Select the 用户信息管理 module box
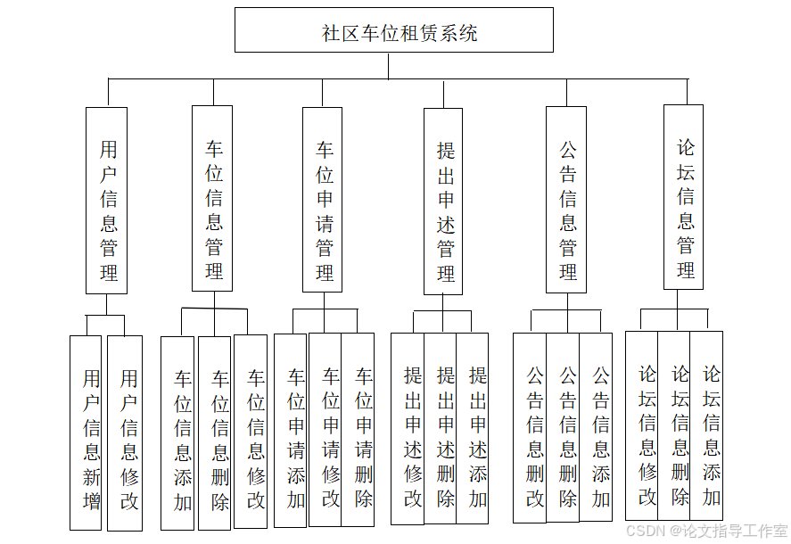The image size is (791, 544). click(x=106, y=200)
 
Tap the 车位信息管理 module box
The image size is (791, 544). click(x=212, y=198)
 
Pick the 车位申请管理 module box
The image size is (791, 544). click(x=323, y=199)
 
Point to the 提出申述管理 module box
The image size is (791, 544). click(x=442, y=201)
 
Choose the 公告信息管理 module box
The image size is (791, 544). click(x=566, y=199)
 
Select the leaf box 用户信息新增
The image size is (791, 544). click(x=87, y=433)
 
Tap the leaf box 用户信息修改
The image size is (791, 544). click(x=125, y=433)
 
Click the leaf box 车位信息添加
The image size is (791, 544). click(x=178, y=433)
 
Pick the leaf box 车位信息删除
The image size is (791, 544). click(x=215, y=433)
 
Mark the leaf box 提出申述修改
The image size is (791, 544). click(x=408, y=428)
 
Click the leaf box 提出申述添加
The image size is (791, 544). click(x=473, y=428)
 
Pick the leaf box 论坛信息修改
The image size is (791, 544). click(x=642, y=425)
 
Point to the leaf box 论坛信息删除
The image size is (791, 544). click(x=674, y=425)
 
